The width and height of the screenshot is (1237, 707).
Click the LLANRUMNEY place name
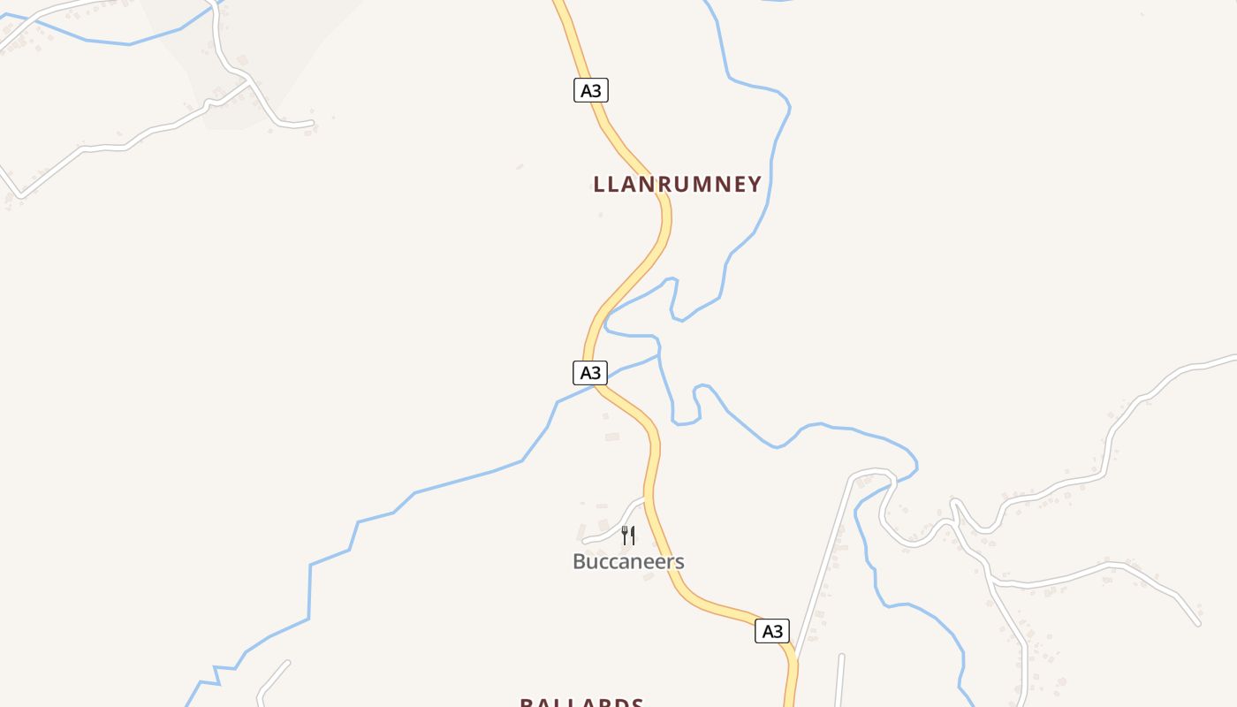click(677, 184)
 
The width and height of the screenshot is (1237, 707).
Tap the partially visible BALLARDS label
click(581, 703)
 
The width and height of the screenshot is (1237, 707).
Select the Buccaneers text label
click(628, 561)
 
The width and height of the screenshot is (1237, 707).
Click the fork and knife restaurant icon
click(628, 535)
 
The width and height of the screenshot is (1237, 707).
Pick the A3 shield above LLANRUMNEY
click(591, 90)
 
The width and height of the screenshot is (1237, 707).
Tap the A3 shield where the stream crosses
click(590, 373)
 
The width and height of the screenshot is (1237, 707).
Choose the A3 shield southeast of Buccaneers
click(772, 631)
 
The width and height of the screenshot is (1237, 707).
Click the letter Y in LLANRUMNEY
click(754, 184)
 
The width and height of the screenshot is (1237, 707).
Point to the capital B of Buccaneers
click(580, 561)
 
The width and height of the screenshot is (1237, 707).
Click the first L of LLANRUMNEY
click(599, 184)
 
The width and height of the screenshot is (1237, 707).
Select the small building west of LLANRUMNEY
click(520, 166)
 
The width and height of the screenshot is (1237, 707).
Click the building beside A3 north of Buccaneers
click(611, 437)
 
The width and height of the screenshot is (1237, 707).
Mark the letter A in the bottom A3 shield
click(766, 631)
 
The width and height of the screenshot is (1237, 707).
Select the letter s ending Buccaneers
click(679, 562)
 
